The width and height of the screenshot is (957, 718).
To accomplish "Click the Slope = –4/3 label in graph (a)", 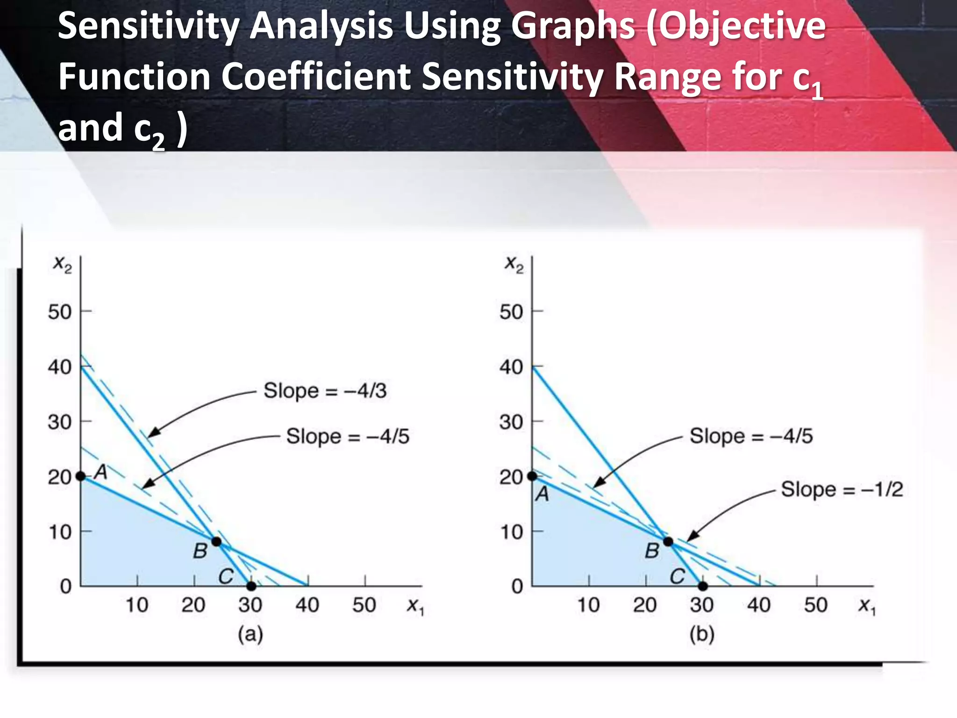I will pos(325,390).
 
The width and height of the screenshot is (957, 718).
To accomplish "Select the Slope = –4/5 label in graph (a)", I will pos(347,436).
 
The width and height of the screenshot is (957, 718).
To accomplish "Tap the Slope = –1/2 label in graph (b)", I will pos(842,489).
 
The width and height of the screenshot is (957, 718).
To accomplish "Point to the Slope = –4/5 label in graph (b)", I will pos(751,436).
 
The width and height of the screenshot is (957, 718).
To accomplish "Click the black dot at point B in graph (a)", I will pos(216,541).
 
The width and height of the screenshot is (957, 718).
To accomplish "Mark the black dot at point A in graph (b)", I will pos(532,476).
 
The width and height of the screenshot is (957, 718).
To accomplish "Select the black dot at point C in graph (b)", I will pos(703,586).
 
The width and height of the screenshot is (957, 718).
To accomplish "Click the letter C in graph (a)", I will pos(226,576).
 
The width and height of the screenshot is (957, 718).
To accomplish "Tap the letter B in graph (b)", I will pos(652,552).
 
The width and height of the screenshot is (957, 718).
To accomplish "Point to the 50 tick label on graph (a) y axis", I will pos(60,312).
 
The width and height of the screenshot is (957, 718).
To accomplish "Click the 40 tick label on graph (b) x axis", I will pos(759,605).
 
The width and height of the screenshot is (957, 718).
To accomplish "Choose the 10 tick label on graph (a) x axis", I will pos(137,605).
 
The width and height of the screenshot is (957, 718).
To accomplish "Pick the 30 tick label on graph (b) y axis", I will pos(511,422).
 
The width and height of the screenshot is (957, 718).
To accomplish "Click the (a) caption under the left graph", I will pos(250,635).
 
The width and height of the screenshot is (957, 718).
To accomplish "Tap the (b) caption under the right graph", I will pos(702,635).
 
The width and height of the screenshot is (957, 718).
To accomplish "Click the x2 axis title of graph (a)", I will pos(62,264).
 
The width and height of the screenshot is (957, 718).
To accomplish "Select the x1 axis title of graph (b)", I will pos(867,606).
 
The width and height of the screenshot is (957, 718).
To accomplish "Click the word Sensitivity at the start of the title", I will pos(149,26).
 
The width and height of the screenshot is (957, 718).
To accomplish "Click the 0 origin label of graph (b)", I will pos(517,586).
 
